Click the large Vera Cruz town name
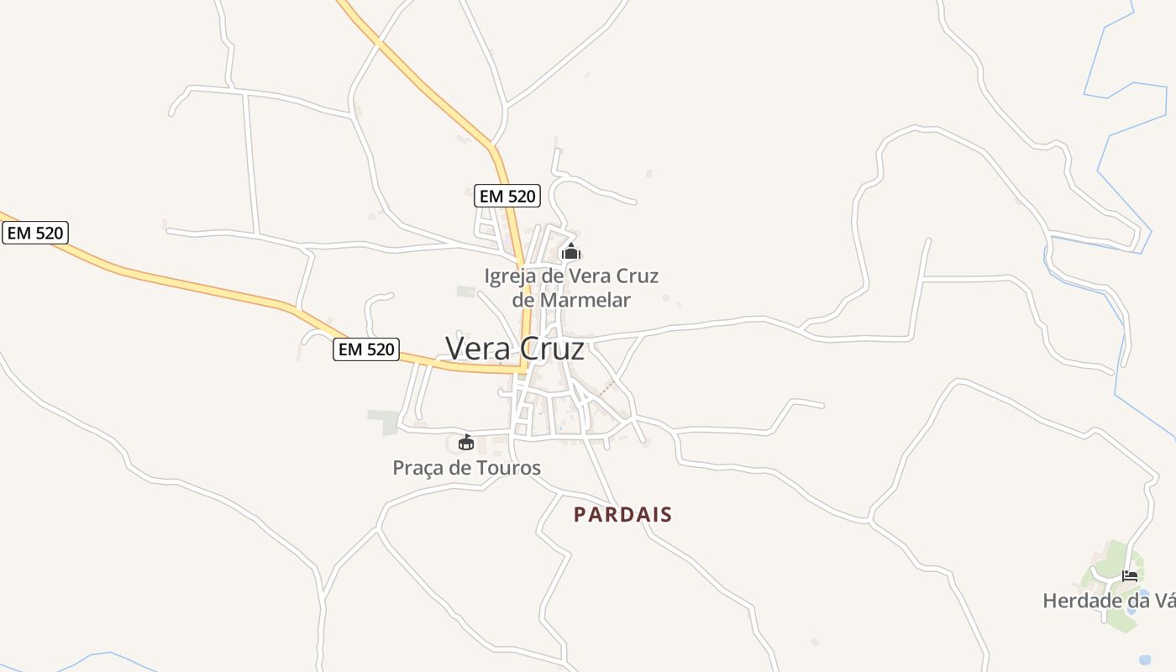pyautogui.click(x=514, y=348)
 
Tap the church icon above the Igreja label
pyautogui.click(x=571, y=251)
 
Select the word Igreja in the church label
pyautogui.click(x=509, y=276)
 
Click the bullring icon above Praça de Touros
pyautogui.click(x=466, y=442)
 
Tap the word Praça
pyautogui.click(x=417, y=468)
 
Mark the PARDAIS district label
pyautogui.click(x=623, y=514)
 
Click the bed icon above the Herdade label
pyautogui.click(x=1130, y=576)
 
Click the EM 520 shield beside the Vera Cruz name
pyautogui.click(x=366, y=349)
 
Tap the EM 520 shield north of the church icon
pyautogui.click(x=507, y=196)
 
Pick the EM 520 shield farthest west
pyautogui.click(x=34, y=233)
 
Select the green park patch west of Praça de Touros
pyautogui.click(x=383, y=421)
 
